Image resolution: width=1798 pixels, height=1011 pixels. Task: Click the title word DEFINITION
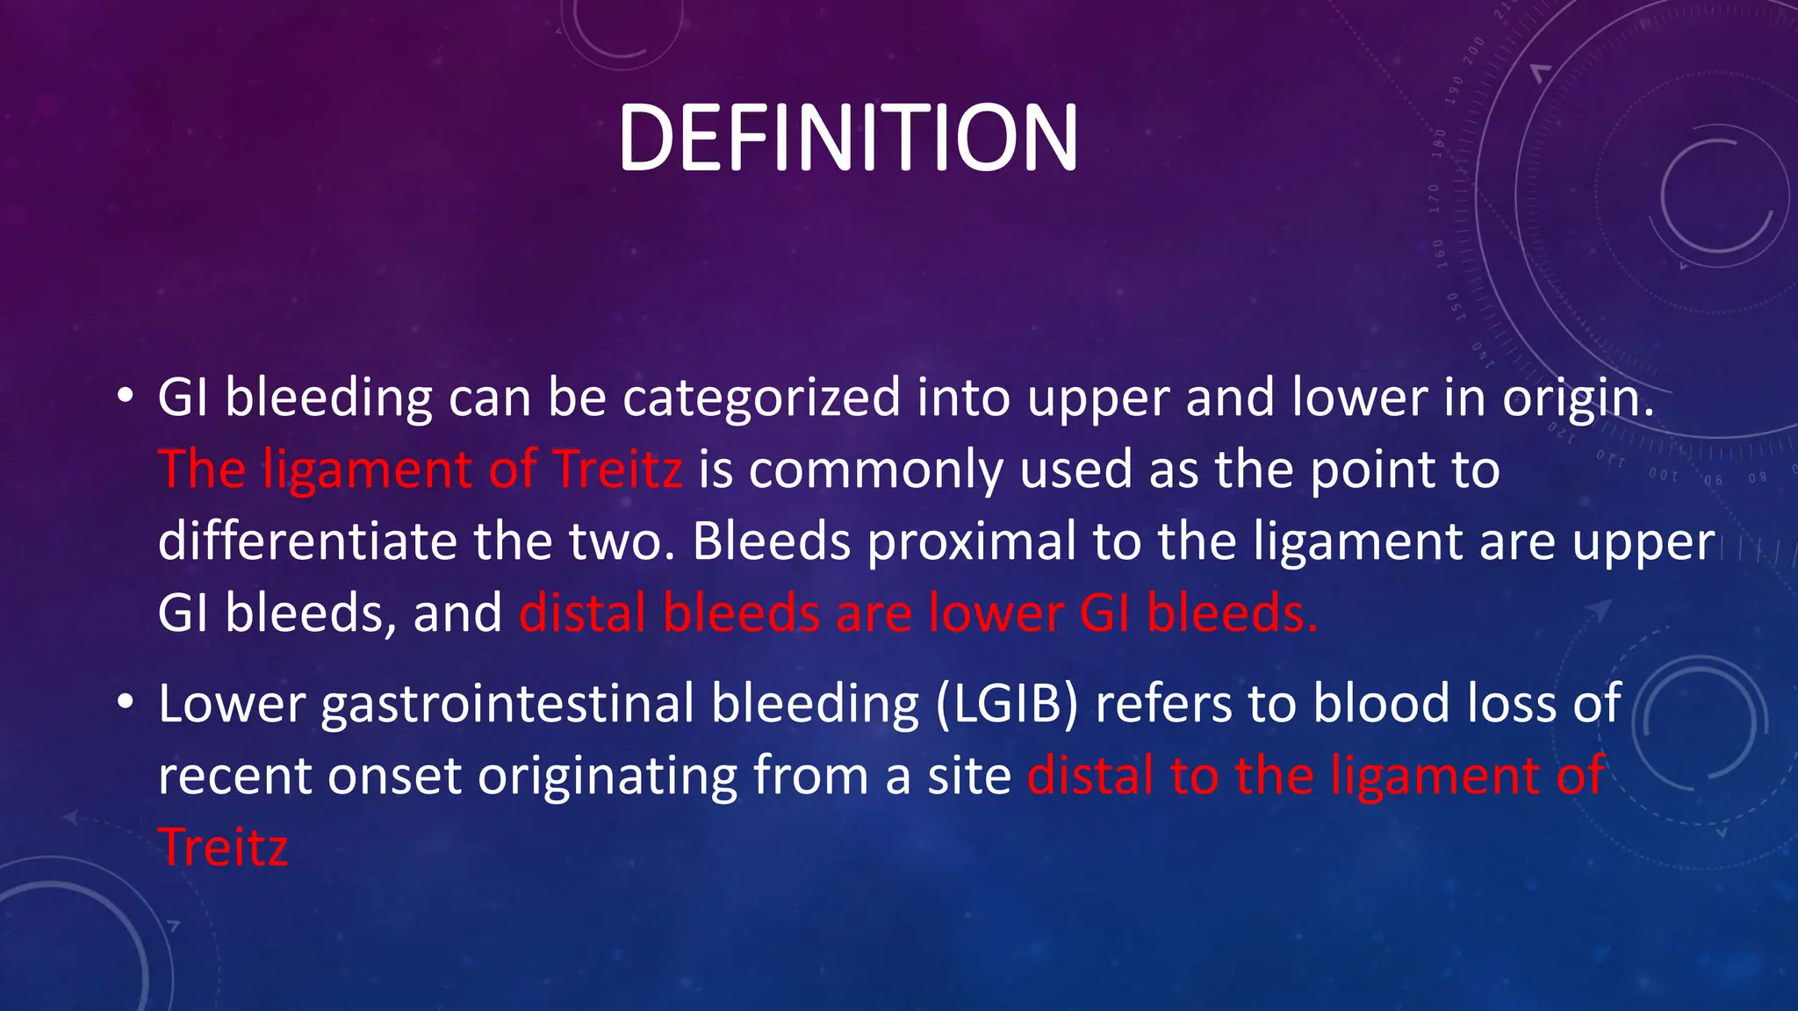click(847, 139)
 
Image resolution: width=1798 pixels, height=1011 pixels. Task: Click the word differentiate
click(307, 541)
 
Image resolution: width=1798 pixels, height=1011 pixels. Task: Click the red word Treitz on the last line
click(223, 848)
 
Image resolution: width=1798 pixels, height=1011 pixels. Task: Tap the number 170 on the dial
click(1435, 199)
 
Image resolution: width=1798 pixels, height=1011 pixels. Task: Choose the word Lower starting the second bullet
click(231, 705)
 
